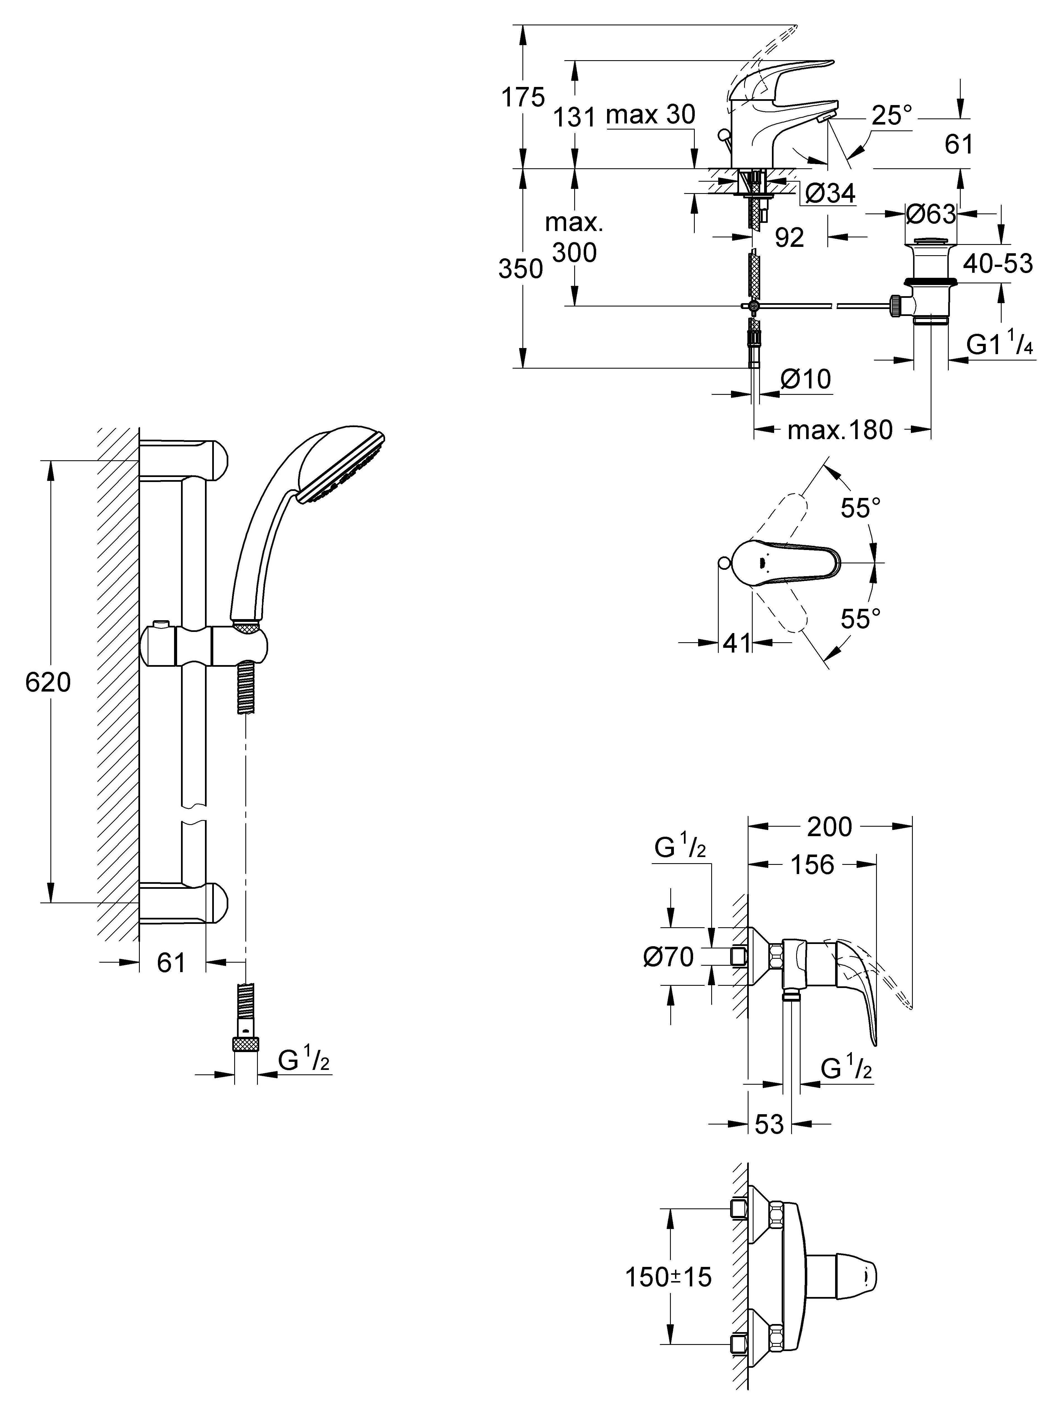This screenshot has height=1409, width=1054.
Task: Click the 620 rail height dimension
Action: click(x=48, y=682)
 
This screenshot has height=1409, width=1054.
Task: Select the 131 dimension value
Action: click(x=574, y=117)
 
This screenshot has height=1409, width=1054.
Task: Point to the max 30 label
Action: click(x=651, y=115)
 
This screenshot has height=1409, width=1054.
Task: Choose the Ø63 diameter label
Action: click(x=931, y=214)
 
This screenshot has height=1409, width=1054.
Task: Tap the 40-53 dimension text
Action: click(x=997, y=263)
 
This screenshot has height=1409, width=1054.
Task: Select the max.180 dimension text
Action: click(x=840, y=430)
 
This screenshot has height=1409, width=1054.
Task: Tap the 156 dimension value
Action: click(x=812, y=865)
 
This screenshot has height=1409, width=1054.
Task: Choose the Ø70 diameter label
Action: click(x=668, y=957)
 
